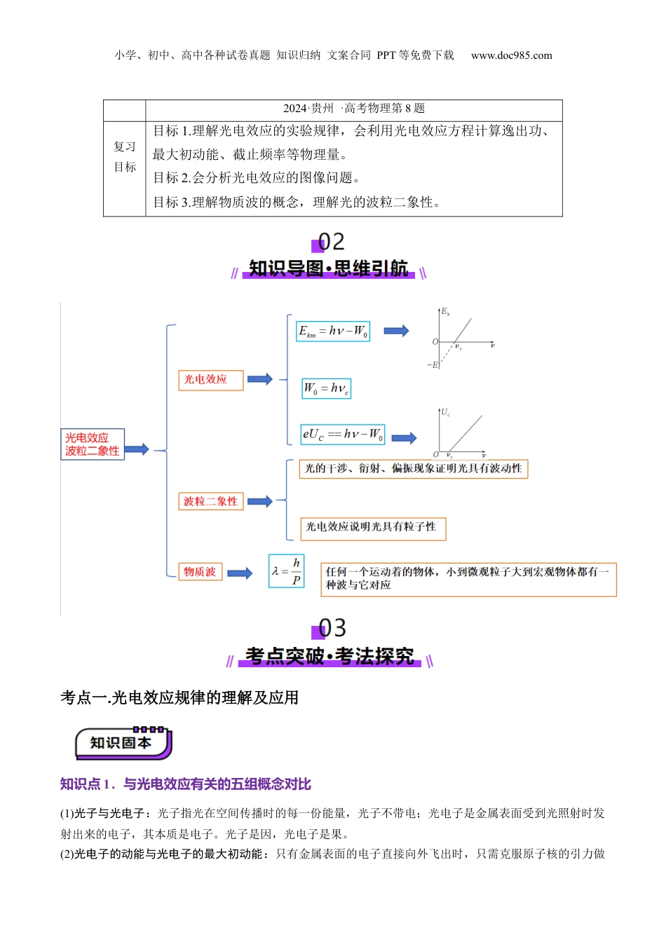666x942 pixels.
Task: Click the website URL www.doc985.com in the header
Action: (x=511, y=55)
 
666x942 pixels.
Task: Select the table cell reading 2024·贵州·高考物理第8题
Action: (x=354, y=109)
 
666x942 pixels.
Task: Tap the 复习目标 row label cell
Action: (x=125, y=157)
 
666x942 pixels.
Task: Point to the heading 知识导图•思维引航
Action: (x=328, y=268)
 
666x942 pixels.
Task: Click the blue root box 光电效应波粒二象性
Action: (x=93, y=444)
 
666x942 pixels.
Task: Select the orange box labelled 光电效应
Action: (x=210, y=380)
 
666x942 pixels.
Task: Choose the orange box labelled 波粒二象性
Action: (x=210, y=501)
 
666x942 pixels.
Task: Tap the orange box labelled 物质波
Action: (x=200, y=572)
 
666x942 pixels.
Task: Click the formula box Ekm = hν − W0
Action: (x=333, y=332)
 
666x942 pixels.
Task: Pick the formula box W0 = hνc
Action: (x=327, y=388)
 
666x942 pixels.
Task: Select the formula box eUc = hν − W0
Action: (x=343, y=435)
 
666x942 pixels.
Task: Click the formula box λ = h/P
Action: (x=287, y=571)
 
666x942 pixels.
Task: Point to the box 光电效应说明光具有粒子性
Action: (x=373, y=528)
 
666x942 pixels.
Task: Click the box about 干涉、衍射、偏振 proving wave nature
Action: (x=414, y=469)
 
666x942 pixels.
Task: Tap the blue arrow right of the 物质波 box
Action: (x=240, y=573)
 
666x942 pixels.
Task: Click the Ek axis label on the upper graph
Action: (x=445, y=311)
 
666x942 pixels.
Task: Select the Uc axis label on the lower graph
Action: (x=445, y=413)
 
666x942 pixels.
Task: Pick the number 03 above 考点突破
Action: (x=332, y=628)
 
